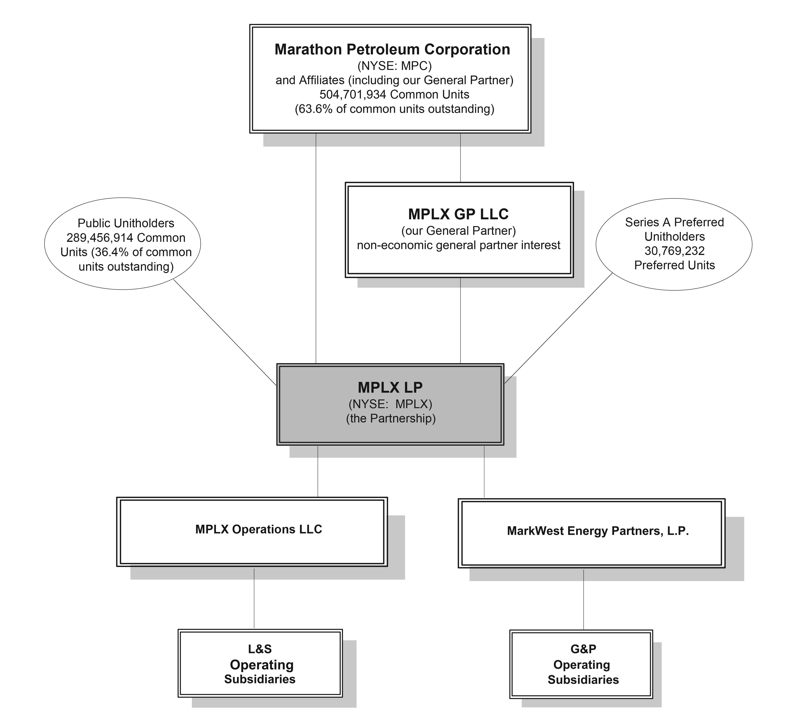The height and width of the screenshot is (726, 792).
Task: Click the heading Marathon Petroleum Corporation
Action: pos(392,49)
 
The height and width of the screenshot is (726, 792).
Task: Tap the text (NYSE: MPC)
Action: pos(394,66)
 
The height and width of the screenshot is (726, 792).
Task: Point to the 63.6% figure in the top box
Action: pos(312,109)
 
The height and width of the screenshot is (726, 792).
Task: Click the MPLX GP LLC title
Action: pos(458,214)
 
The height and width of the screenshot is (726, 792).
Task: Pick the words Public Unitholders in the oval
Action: pos(126,223)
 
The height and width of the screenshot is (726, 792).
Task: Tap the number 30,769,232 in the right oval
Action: pos(674,251)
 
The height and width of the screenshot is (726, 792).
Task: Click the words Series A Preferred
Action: pos(674,222)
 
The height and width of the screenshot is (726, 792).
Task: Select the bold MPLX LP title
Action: pos(390,388)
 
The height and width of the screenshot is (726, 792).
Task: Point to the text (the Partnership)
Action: pos(390,418)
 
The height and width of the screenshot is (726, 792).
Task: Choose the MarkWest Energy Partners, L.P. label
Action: pos(597,531)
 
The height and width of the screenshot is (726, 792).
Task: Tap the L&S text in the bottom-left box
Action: pos(260,649)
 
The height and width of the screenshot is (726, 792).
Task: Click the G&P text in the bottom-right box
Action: pos(583,649)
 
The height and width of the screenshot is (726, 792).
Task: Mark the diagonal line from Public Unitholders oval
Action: pos(225,332)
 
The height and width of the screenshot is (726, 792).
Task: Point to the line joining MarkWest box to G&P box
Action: pos(583,599)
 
